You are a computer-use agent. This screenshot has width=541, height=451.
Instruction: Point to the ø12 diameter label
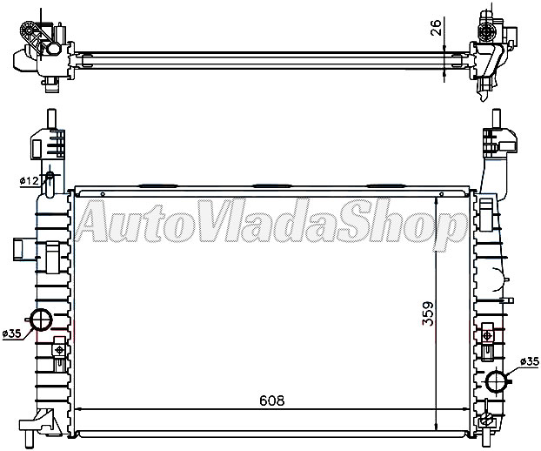(x=27, y=181)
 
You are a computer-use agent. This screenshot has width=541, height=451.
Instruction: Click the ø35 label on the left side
(x=12, y=333)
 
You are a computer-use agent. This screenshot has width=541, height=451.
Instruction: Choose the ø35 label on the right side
(x=529, y=361)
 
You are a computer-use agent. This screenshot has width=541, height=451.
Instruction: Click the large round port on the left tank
(x=41, y=320)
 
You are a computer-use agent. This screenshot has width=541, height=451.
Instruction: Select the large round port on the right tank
(x=497, y=381)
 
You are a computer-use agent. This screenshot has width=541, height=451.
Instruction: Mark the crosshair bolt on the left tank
(x=58, y=350)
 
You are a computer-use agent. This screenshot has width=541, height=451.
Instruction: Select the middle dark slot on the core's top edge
(x=270, y=185)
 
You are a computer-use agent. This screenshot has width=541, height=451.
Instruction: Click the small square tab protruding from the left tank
(x=19, y=251)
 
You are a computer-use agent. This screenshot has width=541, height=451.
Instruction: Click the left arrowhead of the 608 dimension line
(x=80, y=409)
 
